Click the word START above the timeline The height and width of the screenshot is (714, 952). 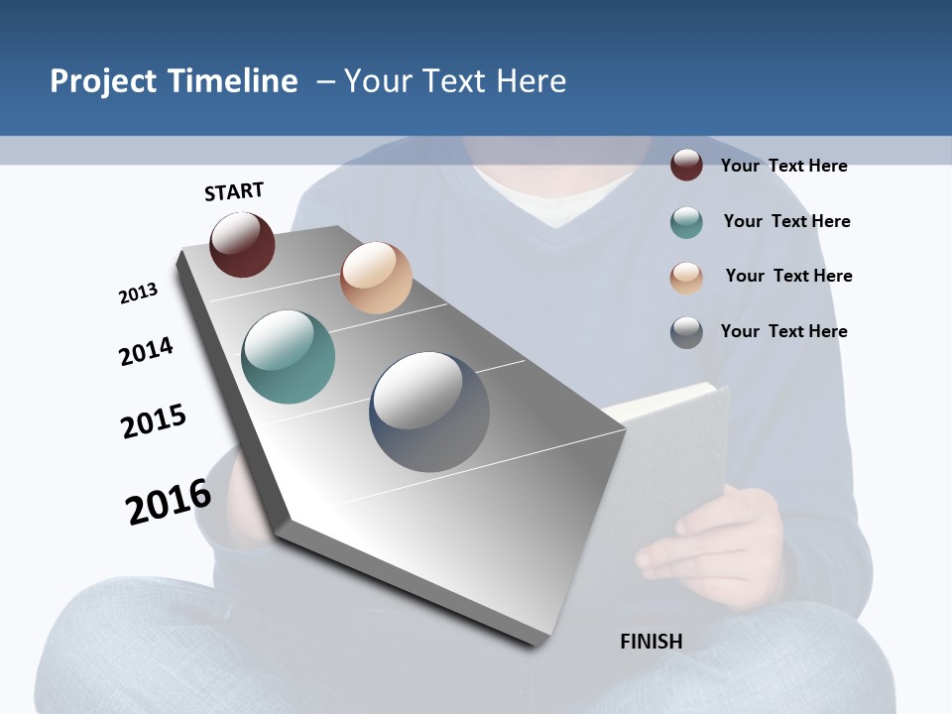(234, 191)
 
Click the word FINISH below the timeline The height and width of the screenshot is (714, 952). (652, 642)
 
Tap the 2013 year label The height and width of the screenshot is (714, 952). (138, 294)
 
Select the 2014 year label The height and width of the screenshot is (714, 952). (146, 351)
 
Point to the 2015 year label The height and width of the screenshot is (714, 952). (154, 421)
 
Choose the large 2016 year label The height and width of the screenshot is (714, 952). (169, 501)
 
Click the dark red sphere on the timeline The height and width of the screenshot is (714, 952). (242, 244)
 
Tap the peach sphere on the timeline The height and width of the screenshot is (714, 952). (376, 278)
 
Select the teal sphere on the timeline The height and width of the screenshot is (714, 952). (289, 357)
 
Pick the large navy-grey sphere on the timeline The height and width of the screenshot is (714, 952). (429, 412)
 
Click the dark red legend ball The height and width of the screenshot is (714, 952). (686, 165)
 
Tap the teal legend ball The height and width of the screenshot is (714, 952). (686, 222)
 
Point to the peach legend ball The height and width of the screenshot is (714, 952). (686, 277)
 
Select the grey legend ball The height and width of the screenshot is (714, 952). (686, 332)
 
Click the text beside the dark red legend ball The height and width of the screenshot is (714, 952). (783, 166)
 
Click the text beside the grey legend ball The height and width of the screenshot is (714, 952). (783, 331)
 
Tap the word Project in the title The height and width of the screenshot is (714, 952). (104, 81)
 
